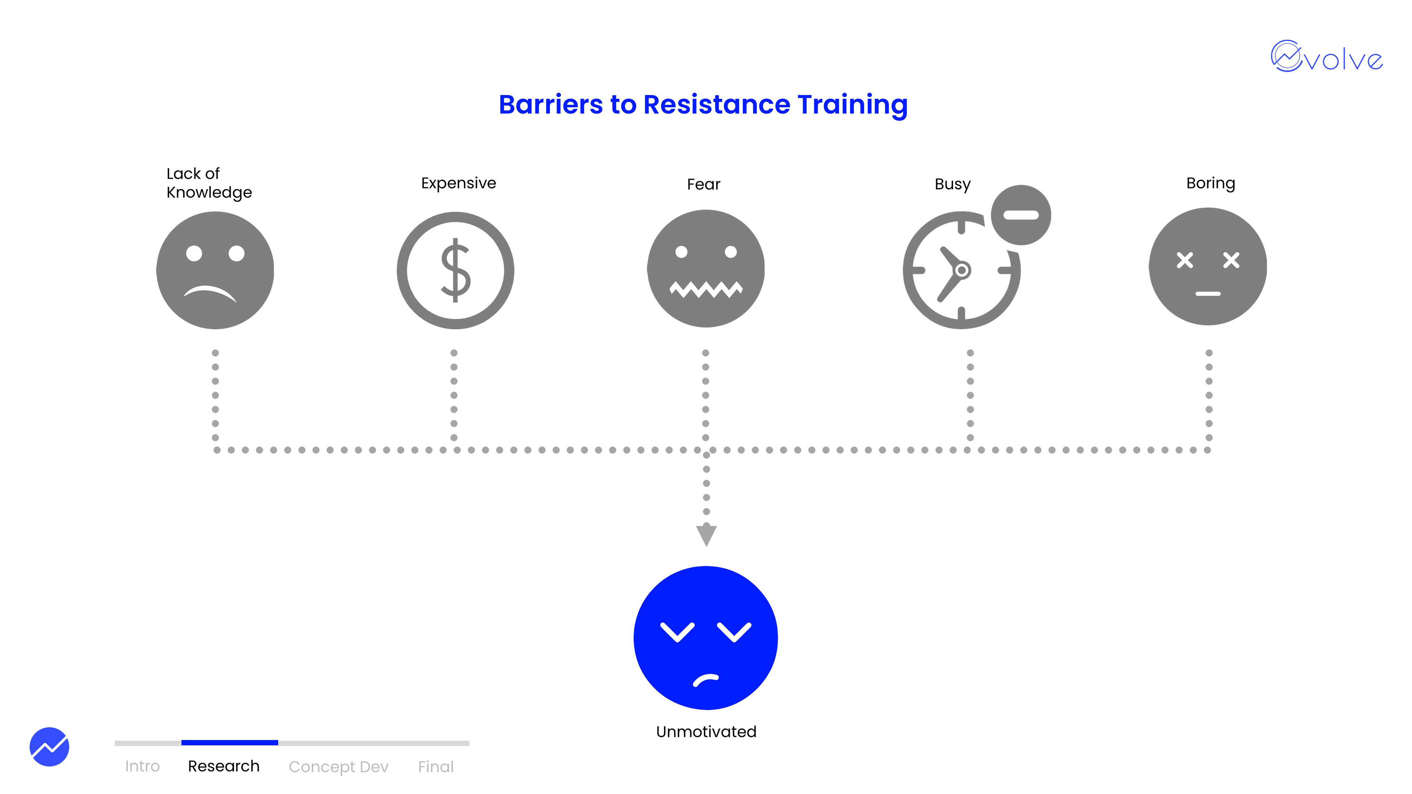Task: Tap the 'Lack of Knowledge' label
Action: pos(209,183)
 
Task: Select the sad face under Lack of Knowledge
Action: pos(215,270)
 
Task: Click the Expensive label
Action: pos(458,183)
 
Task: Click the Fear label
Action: pos(703,184)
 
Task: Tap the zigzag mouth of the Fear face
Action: pos(706,289)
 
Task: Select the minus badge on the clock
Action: pos(1021,215)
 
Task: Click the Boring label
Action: pos(1210,183)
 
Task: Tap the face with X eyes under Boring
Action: pos(1208,266)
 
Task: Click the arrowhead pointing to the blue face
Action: pos(706,534)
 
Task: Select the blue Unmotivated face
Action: pos(706,638)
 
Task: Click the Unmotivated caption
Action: pos(706,732)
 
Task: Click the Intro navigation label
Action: pos(142,766)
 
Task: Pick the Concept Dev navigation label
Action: pos(338,766)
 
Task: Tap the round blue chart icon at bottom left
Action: pos(49,746)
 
